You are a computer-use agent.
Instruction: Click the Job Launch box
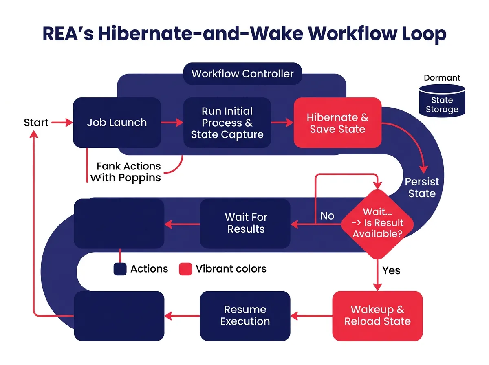(x=117, y=123)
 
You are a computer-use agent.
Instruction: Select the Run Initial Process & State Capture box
(x=227, y=123)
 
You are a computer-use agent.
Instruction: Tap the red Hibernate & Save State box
(x=337, y=123)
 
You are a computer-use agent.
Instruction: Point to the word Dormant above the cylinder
(x=442, y=78)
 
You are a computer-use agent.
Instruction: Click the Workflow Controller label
(x=242, y=74)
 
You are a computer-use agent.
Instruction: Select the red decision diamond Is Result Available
(x=378, y=223)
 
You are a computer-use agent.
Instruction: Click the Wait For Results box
(x=245, y=223)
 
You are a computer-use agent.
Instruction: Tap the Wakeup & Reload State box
(x=377, y=316)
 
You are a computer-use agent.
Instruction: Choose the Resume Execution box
(x=245, y=316)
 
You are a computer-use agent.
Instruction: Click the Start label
(x=36, y=123)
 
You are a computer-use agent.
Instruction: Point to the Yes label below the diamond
(x=391, y=270)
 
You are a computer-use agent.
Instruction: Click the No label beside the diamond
(x=327, y=215)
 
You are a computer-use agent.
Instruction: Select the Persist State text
(x=422, y=187)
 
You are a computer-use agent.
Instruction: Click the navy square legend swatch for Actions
(x=120, y=269)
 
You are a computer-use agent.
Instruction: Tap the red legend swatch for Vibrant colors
(x=185, y=269)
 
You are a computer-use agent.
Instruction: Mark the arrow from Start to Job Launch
(x=62, y=122)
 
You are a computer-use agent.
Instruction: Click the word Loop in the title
(x=423, y=34)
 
